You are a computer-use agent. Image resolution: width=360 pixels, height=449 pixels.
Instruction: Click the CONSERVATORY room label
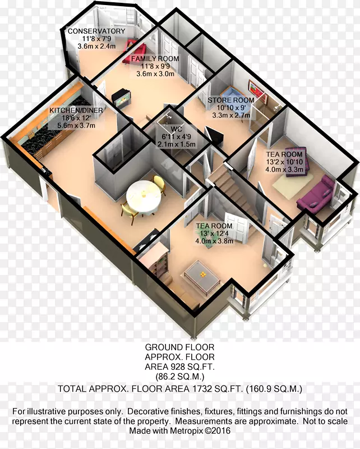[x=96, y=31]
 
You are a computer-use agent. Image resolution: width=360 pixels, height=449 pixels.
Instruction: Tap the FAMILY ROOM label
[x=155, y=59]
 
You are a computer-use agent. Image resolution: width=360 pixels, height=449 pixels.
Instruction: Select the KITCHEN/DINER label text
[x=76, y=110]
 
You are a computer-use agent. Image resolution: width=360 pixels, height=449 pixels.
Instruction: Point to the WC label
[x=176, y=129]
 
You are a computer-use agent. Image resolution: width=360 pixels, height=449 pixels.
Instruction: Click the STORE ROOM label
[x=231, y=100]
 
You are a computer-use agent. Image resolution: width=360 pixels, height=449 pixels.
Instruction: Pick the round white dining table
[x=144, y=196]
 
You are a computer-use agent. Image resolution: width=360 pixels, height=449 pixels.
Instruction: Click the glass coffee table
[x=202, y=276]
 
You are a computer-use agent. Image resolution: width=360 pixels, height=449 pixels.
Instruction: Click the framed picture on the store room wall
[x=258, y=91]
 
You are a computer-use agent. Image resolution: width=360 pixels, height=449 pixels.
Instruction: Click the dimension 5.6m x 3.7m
[x=76, y=125]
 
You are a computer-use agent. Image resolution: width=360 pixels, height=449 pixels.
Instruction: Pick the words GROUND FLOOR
[x=179, y=347]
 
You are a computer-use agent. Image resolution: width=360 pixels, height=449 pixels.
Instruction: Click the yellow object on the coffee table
[x=202, y=274]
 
